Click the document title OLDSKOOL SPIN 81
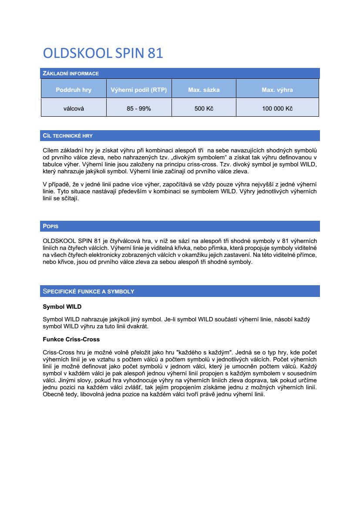click(103, 53)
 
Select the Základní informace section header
click(71, 74)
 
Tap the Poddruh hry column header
click(74, 90)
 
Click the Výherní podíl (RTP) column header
click(139, 90)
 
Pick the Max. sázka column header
click(204, 90)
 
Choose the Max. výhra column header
click(277, 90)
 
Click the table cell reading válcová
click(74, 108)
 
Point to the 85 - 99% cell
click(139, 108)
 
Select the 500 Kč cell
click(204, 108)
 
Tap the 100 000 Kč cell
click(277, 108)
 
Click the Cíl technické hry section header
click(67, 136)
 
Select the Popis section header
click(50, 226)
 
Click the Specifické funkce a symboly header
click(88, 291)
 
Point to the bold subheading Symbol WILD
click(62, 307)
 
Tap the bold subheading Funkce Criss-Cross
click(71, 339)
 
